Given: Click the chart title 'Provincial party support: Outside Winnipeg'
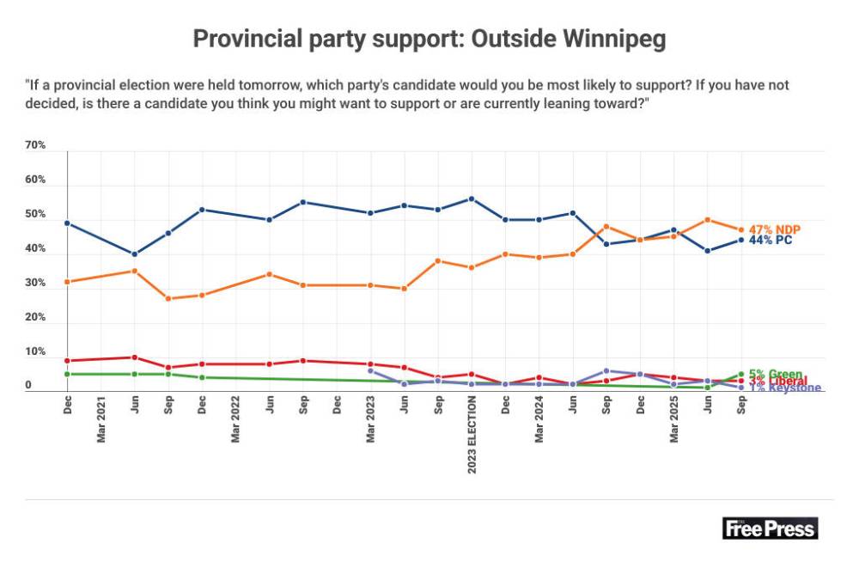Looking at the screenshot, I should [x=429, y=39].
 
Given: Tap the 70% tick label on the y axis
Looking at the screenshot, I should [x=35, y=145].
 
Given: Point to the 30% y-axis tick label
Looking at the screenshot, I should [x=35, y=283].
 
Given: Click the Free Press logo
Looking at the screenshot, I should [x=770, y=528].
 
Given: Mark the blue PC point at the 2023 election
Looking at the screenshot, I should [x=472, y=198].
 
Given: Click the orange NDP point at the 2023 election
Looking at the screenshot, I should [x=472, y=267].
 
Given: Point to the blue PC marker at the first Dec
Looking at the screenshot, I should [x=67, y=223].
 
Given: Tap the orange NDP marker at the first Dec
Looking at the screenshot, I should [x=67, y=281].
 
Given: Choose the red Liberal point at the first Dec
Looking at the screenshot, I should [x=67, y=360].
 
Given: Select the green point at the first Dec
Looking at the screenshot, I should [x=67, y=374].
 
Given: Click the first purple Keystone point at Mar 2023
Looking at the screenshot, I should [x=370, y=370].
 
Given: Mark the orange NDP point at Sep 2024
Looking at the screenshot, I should [x=606, y=226].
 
